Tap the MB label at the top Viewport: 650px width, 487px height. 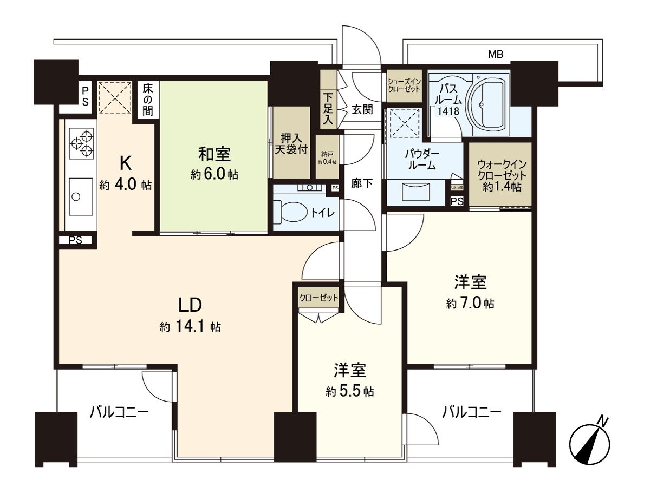[495, 54]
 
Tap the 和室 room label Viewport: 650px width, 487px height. [214, 155]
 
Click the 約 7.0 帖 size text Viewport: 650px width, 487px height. [470, 304]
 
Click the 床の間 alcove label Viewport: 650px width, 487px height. [147, 100]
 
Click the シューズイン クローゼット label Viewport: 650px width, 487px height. [404, 85]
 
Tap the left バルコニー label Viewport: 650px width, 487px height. [119, 413]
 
